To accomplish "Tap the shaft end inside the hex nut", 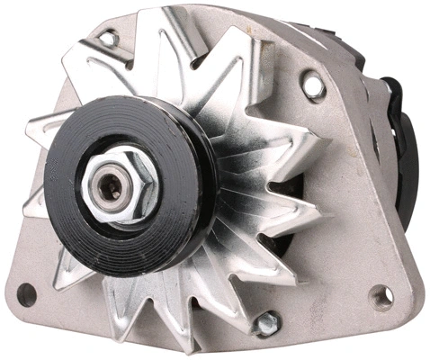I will pyautogui.click(x=112, y=188).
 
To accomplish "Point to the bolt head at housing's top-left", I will pyautogui.click(x=109, y=39).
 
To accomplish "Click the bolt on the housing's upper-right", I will pyautogui.click(x=313, y=85).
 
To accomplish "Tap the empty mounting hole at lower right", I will pyautogui.click(x=382, y=296).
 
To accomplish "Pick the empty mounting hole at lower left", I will pyautogui.click(x=27, y=292).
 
